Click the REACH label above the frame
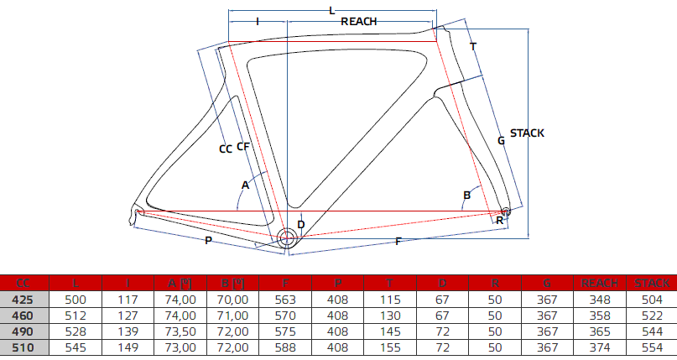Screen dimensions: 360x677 [358, 21]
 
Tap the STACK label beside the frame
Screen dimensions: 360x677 [527, 133]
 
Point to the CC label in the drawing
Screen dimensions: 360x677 [225, 149]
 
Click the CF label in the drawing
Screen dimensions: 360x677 [243, 147]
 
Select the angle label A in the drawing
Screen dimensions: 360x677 [246, 184]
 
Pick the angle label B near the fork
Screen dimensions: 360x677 [466, 196]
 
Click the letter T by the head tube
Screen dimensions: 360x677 [473, 46]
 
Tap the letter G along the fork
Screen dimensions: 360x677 [501, 140]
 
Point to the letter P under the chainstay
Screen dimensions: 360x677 [208, 241]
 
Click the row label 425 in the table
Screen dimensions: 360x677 [24, 298]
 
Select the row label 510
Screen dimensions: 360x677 [24, 346]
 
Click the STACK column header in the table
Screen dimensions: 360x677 [652, 283]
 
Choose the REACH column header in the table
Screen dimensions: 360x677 [599, 283]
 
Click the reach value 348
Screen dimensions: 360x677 [599, 298]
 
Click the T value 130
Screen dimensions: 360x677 [390, 314]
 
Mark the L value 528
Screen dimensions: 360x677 [76, 330]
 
